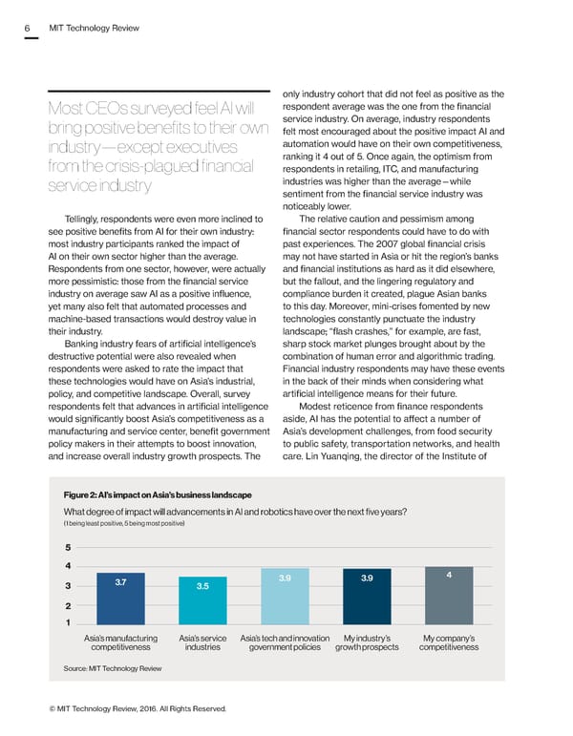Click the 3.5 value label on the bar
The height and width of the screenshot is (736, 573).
coord(202,585)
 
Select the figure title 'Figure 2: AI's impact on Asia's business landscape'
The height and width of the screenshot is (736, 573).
coord(157,494)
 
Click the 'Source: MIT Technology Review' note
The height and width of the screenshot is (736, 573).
coord(112,669)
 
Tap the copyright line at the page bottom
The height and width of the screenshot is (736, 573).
coord(135,707)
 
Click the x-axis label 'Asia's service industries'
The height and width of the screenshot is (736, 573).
coord(202,642)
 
